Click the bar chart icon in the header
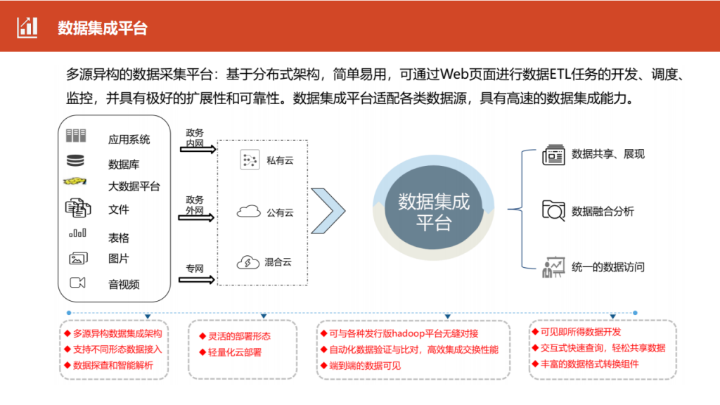point(27,27)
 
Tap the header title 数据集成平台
point(103,28)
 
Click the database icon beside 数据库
point(75,160)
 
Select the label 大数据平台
point(134,186)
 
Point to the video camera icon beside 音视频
point(77,283)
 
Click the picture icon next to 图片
point(78,259)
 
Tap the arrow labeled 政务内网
point(198,149)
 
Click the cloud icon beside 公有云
point(248,211)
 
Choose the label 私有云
point(280,160)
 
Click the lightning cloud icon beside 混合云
point(248,262)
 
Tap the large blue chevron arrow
point(328,211)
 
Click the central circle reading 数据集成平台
point(434,207)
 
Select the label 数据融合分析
point(603,211)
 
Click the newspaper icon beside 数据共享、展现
point(553,155)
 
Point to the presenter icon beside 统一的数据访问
point(553,267)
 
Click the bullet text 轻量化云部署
point(235,352)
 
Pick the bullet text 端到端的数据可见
point(365,366)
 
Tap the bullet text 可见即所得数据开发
point(580,332)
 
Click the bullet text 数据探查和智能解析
point(113,365)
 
